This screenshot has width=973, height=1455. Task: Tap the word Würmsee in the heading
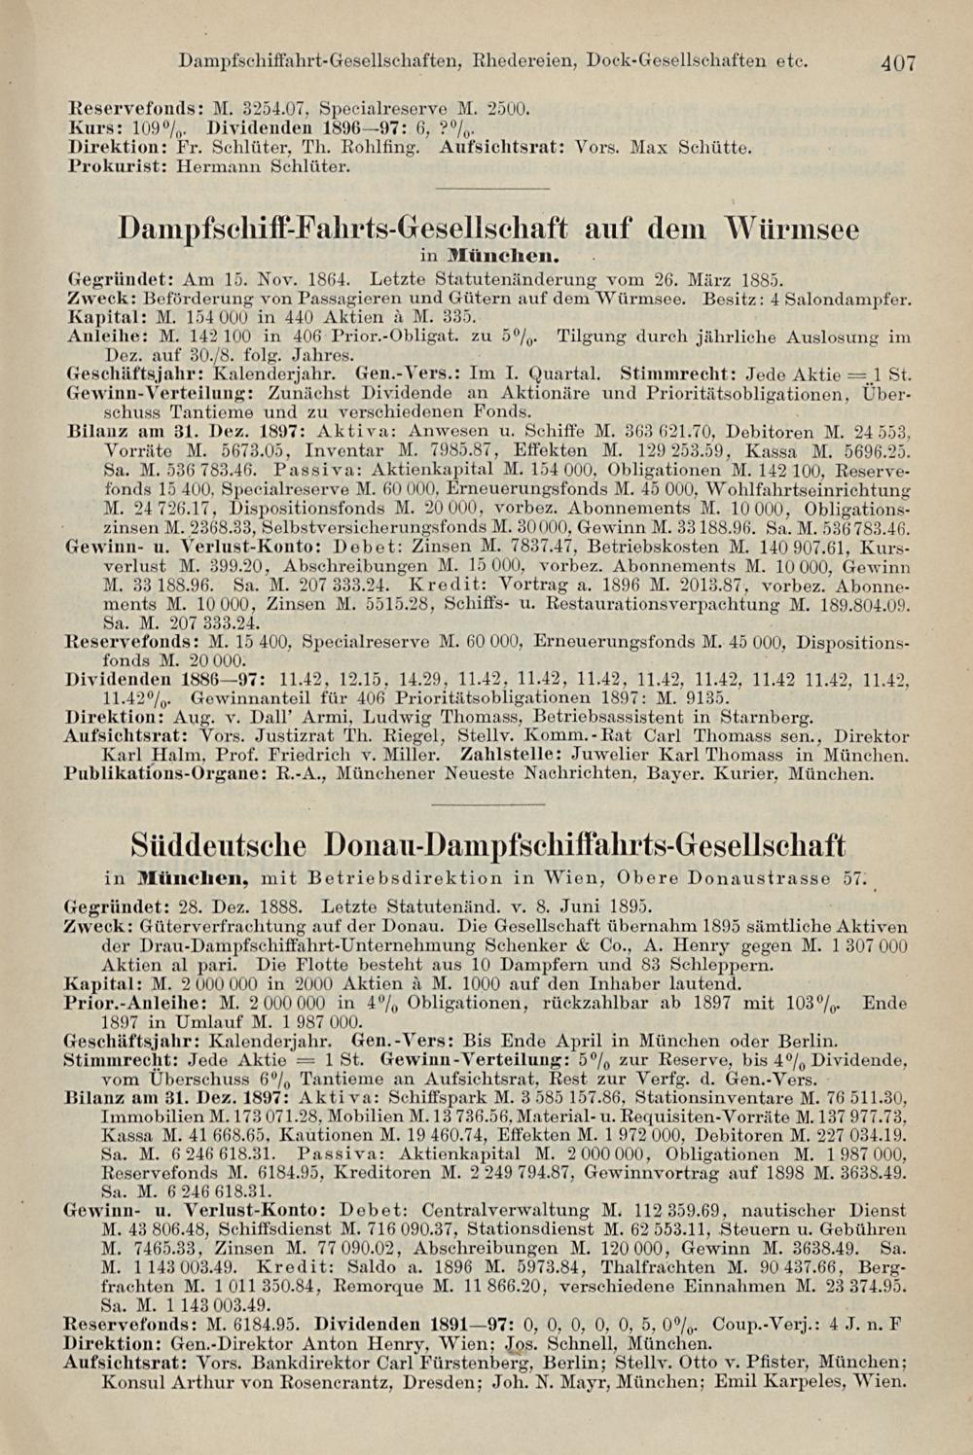click(792, 230)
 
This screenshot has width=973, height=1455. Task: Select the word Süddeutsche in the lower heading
click(218, 843)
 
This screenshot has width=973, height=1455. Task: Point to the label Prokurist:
click(105, 166)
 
